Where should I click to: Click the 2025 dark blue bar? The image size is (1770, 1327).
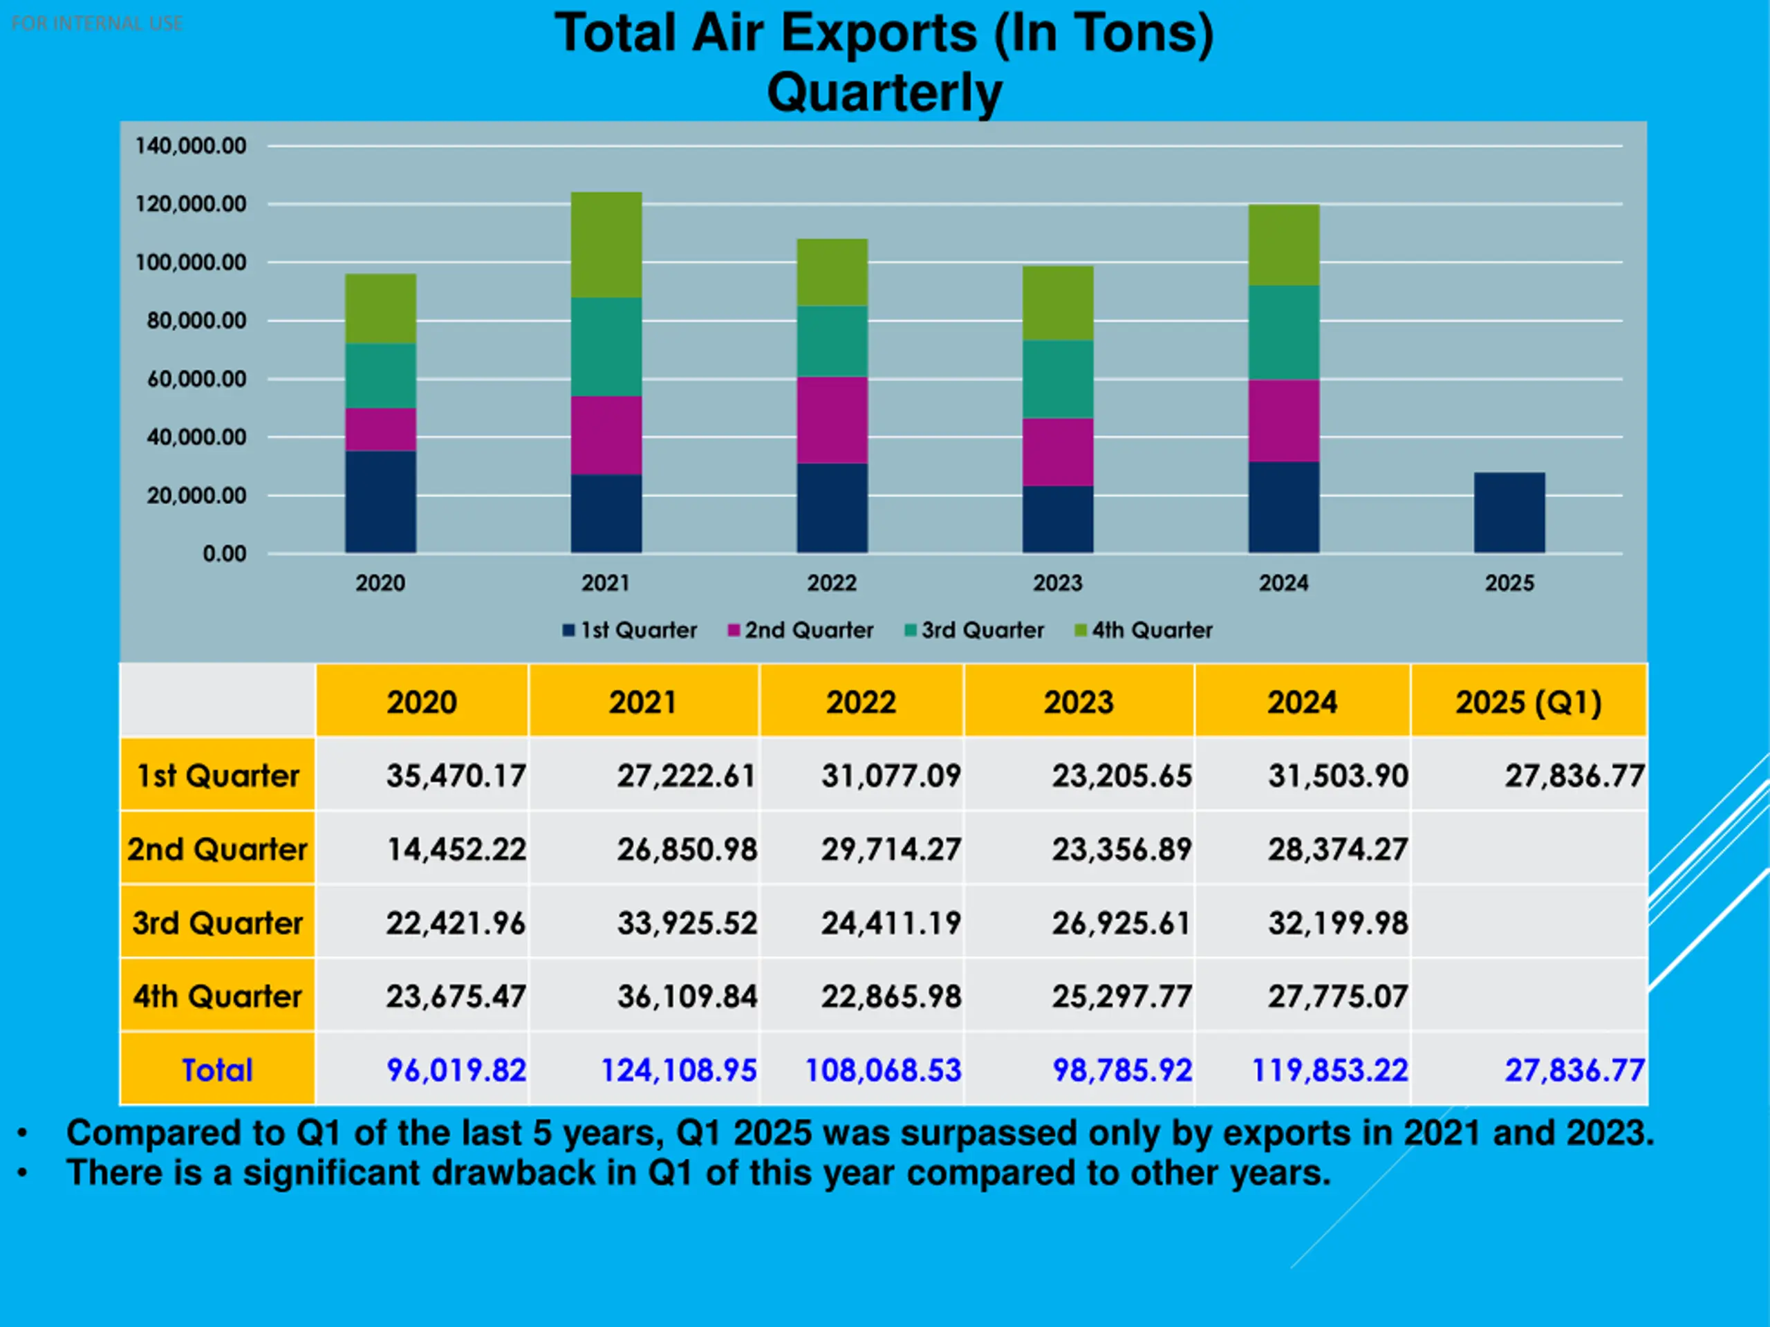pyautogui.click(x=1509, y=512)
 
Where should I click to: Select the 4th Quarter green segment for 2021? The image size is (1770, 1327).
pyautogui.click(x=606, y=245)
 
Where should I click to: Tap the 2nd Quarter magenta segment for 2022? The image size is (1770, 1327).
pyautogui.click(x=832, y=420)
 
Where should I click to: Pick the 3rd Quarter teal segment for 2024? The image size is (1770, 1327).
pyautogui.click(x=1283, y=332)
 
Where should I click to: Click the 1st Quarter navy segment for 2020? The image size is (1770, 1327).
pyautogui.click(x=380, y=502)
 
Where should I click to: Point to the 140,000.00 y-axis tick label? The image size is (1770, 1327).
pyautogui.click(x=190, y=146)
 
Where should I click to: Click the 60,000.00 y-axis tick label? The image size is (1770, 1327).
pyautogui.click(x=196, y=378)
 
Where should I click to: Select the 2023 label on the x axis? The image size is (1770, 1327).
pyautogui.click(x=1057, y=583)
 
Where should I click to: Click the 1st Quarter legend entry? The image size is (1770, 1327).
pyautogui.click(x=630, y=630)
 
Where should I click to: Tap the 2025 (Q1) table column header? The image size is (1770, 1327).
pyautogui.click(x=1528, y=702)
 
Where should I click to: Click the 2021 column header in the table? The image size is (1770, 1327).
pyautogui.click(x=642, y=702)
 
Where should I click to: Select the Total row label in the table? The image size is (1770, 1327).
pyautogui.click(x=217, y=1070)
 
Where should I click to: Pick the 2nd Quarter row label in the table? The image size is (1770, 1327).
pyautogui.click(x=217, y=849)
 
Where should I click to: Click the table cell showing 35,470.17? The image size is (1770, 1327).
pyautogui.click(x=456, y=776)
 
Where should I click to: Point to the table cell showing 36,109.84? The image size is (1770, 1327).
pyautogui.click(x=687, y=996)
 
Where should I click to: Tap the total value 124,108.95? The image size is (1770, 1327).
pyautogui.click(x=678, y=1070)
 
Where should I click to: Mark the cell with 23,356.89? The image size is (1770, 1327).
pyautogui.click(x=1121, y=849)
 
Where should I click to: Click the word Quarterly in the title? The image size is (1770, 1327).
pyautogui.click(x=884, y=92)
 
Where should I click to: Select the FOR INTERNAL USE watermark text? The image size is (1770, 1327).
pyautogui.click(x=97, y=24)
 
